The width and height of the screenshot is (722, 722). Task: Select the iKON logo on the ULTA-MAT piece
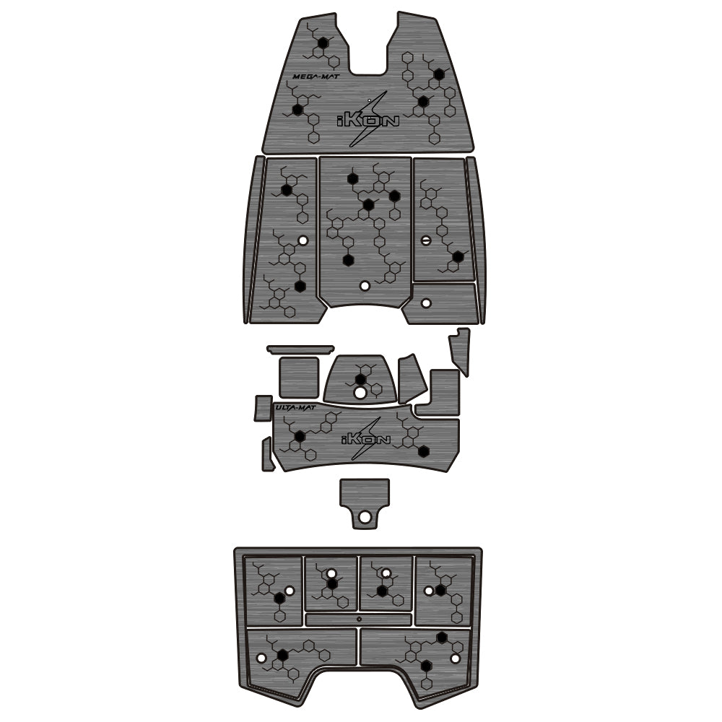point(365,439)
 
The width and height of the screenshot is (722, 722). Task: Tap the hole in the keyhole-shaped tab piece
point(365,516)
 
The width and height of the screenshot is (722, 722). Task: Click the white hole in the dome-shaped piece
point(360,393)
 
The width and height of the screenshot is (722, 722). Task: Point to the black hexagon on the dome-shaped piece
point(360,379)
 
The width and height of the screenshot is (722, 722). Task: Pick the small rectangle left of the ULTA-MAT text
point(262,408)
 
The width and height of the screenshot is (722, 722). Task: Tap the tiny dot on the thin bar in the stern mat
point(359,619)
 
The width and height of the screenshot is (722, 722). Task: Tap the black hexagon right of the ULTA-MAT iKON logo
point(424,452)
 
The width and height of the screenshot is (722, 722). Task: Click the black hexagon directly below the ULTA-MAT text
point(300,435)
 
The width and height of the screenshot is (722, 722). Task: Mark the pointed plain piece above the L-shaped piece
point(460,350)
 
